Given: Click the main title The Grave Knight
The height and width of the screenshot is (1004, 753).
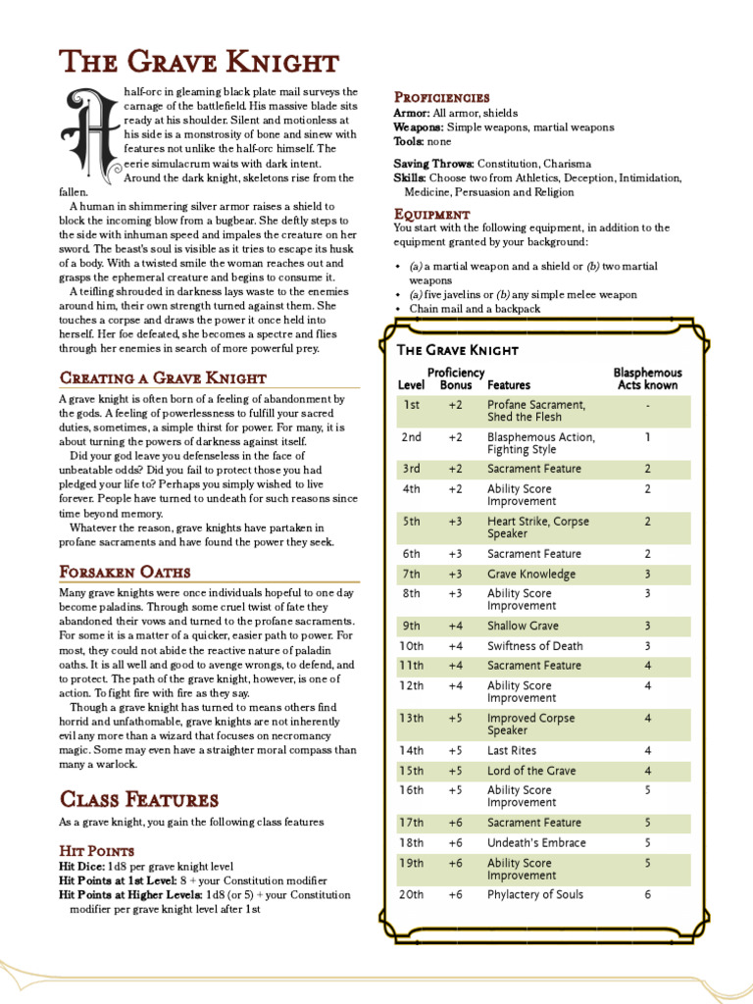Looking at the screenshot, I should coord(199,63).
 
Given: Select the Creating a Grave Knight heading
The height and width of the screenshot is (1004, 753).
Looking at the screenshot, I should coord(163,377).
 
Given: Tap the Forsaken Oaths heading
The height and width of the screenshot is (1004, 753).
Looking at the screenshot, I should coord(125,572).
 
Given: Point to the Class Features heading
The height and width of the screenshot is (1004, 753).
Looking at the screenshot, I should coord(139,799).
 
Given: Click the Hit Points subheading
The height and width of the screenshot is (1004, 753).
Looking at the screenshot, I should coord(97,851).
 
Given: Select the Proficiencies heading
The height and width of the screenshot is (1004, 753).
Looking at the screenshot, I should coord(441,97).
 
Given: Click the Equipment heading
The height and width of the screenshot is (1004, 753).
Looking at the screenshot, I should coord(432,214).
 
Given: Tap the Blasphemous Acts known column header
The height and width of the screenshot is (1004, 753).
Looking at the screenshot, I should coord(647,379).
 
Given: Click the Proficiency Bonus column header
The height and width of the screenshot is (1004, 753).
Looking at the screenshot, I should coord(456,379).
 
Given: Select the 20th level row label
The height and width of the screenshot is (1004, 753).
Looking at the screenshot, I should coord(412,894).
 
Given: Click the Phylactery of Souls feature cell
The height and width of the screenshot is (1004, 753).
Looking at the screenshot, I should coord(534,894).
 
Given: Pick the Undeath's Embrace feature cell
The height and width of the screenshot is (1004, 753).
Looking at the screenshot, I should coord(536,843).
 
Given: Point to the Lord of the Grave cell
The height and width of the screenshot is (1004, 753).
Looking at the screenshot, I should coord(531,771).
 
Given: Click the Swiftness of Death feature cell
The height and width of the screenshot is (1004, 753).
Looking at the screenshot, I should coord(534,646).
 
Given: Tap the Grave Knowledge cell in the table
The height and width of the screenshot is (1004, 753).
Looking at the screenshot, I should coord(531,575).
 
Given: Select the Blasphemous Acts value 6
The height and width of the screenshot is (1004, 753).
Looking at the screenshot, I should coord(647,894).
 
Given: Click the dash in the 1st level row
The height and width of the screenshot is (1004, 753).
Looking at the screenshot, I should coord(647,404).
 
